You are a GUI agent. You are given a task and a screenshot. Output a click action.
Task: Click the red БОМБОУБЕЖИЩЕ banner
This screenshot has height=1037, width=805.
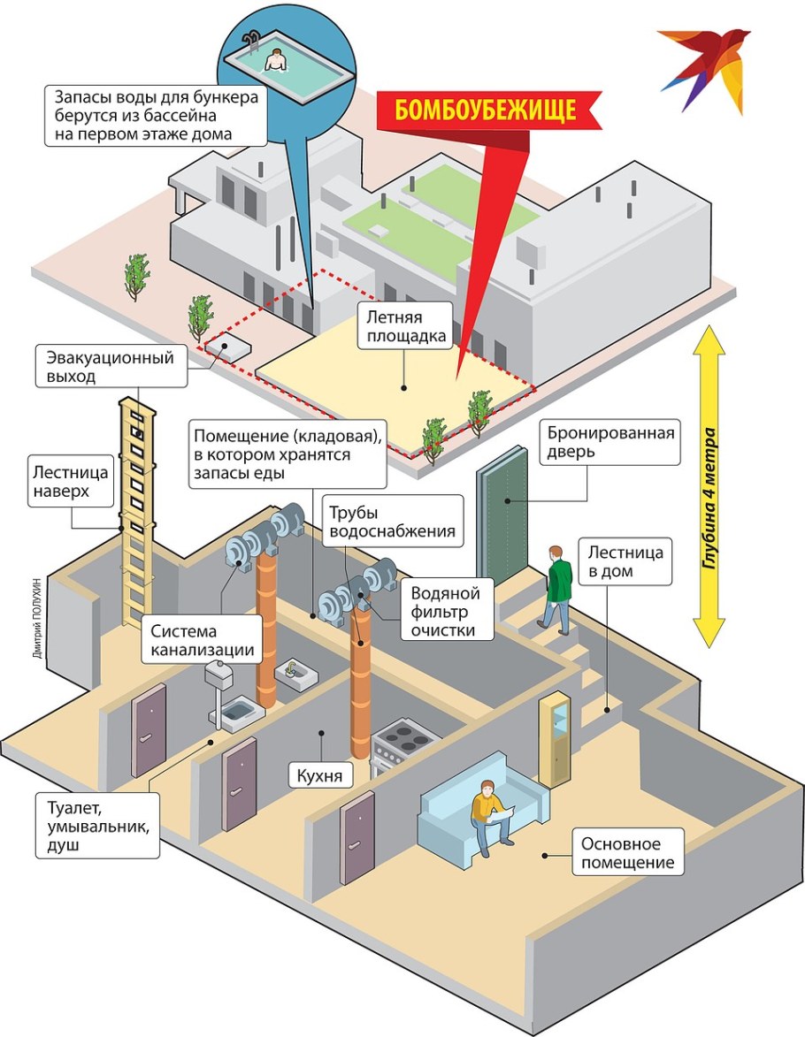(486, 111)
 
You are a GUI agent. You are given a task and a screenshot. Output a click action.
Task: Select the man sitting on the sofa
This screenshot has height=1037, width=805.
(487, 813)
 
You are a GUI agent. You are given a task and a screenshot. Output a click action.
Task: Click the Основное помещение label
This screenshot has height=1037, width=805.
(628, 851)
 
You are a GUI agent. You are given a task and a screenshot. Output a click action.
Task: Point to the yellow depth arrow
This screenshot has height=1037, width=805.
(709, 486)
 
